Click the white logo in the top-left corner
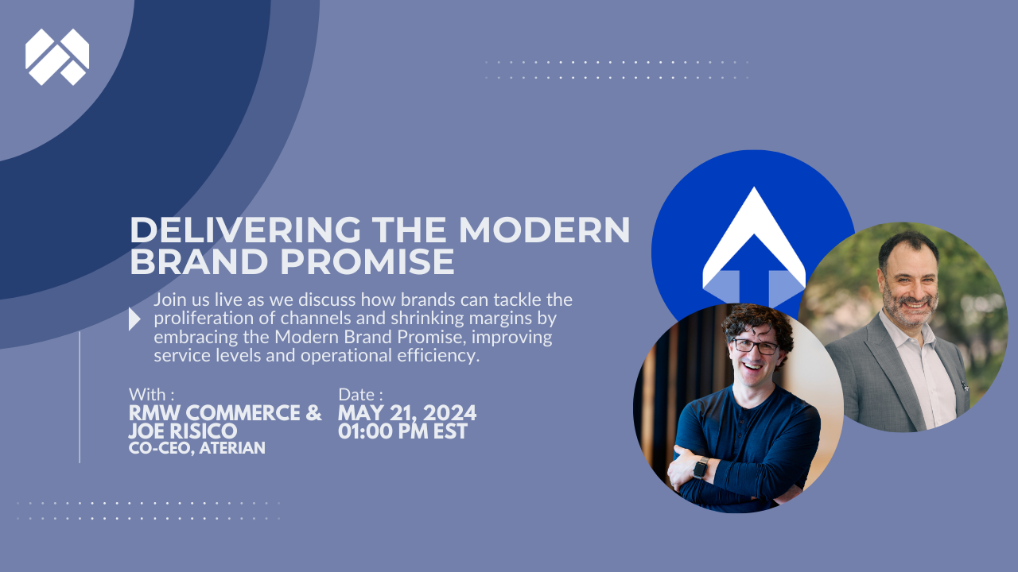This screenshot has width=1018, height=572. [57, 56]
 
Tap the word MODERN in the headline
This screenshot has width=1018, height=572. [544, 230]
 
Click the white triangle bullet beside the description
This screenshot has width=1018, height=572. [134, 319]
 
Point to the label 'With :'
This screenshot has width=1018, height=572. [151, 394]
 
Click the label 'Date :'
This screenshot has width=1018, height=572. [360, 394]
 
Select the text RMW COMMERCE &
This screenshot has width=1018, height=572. [225, 413]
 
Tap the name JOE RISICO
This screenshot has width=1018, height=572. [183, 431]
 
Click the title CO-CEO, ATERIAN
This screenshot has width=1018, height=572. [196, 449]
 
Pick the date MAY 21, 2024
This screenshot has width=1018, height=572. [407, 413]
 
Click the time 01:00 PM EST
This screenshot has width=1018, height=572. [402, 431]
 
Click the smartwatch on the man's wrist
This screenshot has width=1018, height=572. [700, 468]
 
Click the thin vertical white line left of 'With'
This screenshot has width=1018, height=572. [80, 397]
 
